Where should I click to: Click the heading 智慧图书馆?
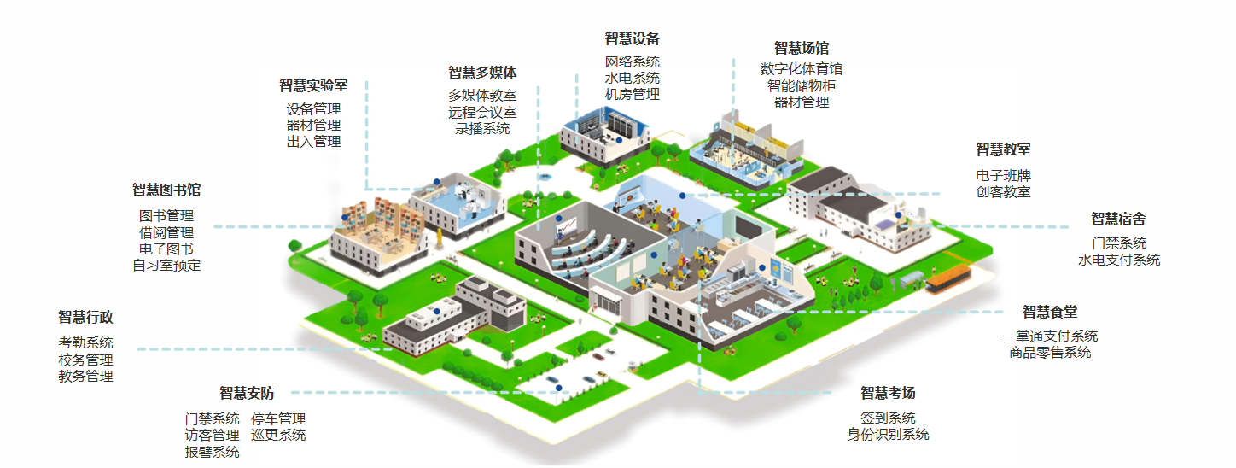tap(166, 190)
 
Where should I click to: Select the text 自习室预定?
tap(166, 265)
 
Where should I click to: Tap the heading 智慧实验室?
tap(313, 85)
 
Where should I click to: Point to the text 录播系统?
tap(482, 129)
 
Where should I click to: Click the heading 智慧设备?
tap(632, 38)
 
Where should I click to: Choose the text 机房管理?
tap(632, 95)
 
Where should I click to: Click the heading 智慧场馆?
tap(801, 48)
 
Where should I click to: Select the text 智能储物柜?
tap(801, 85)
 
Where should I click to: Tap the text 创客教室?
tap(1003, 192)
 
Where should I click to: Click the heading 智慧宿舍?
tap(1118, 219)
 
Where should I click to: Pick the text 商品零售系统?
tap(1050, 352)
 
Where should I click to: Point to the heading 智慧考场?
tap(888, 393)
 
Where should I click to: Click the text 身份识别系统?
tap(888, 435)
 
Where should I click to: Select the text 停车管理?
tap(278, 419)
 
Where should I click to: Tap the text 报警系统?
tap(212, 453)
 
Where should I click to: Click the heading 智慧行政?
tap(85, 317)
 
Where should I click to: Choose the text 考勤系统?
tap(85, 342)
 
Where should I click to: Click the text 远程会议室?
tap(482, 112)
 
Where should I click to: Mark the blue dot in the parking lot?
tap(559, 389)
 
